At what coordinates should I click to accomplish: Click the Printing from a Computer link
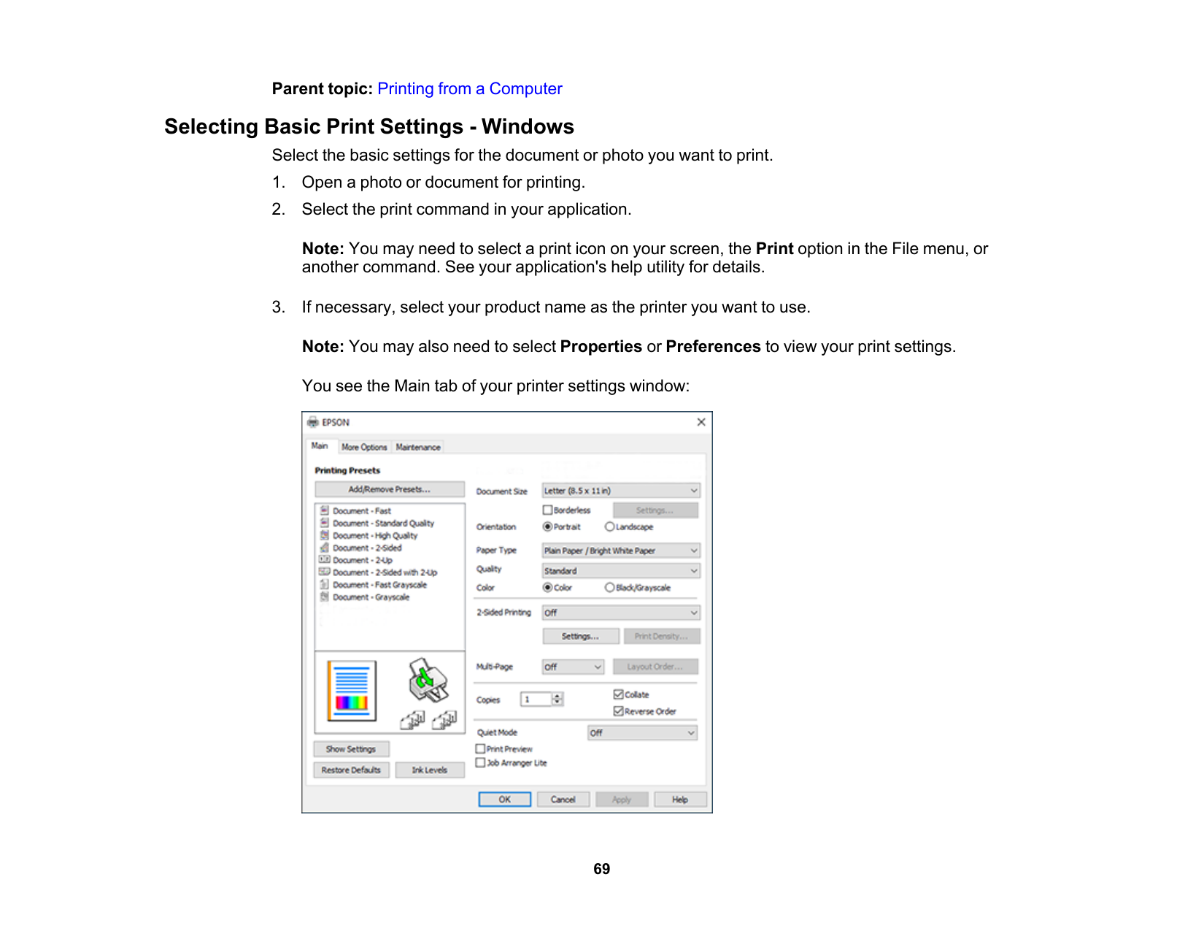469,89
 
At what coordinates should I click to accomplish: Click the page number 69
601,869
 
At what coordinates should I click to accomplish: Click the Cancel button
563,800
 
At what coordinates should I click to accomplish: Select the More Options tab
364,447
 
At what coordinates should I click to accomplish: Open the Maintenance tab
418,447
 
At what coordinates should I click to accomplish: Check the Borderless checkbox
547,510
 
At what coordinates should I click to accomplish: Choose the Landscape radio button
609,526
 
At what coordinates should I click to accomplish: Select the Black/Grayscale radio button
609,587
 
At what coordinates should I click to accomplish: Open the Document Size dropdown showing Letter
620,491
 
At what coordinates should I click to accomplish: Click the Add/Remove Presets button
390,489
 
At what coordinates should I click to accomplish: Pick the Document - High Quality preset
375,535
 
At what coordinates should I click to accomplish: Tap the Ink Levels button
429,770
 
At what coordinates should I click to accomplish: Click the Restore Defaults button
351,770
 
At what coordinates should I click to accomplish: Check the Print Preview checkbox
480,748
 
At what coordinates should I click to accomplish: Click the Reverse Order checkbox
618,710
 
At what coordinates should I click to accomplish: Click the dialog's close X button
701,422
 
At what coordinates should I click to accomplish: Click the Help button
680,800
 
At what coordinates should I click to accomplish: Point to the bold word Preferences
713,347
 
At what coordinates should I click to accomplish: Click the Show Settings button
351,749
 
